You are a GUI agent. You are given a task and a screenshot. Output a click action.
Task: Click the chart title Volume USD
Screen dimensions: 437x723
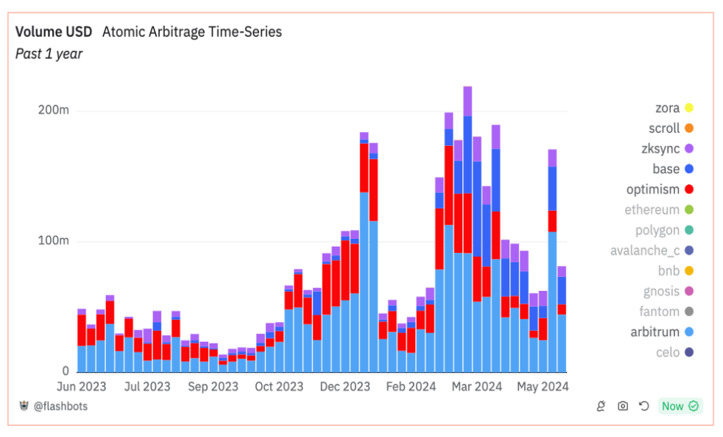point(54,32)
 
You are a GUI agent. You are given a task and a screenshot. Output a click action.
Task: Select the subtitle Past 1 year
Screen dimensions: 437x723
point(49,54)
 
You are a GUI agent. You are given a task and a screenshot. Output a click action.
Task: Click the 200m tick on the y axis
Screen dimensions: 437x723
point(53,111)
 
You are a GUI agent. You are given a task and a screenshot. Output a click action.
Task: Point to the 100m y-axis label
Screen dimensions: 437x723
point(53,242)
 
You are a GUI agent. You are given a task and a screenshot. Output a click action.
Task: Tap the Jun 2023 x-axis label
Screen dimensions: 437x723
point(82,386)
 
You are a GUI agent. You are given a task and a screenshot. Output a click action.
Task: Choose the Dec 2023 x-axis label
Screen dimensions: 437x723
point(346,386)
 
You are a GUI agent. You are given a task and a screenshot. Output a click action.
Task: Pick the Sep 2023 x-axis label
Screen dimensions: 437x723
point(214,386)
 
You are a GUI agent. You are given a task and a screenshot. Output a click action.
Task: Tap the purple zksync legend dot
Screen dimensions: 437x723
point(689,149)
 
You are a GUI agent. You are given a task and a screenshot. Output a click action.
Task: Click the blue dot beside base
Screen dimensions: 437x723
point(689,169)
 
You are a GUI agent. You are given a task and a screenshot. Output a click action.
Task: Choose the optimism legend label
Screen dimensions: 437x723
point(652,189)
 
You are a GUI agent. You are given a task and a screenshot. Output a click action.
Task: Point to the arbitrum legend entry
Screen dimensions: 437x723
point(655,332)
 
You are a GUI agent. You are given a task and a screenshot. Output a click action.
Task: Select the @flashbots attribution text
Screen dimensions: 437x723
point(60,406)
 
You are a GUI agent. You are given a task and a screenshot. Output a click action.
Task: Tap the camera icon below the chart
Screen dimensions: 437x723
point(623,406)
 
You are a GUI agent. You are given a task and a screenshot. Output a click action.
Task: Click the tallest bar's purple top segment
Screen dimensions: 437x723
point(468,101)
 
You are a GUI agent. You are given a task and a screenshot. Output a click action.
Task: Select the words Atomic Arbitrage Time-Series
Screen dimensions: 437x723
point(191,32)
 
